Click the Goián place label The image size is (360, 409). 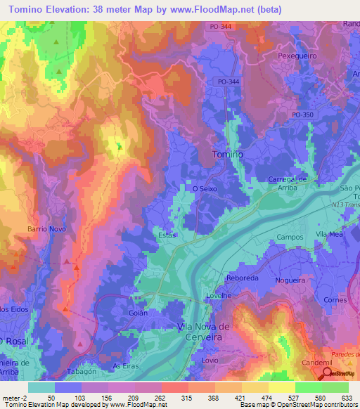point(138,313)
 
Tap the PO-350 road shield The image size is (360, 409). point(303,115)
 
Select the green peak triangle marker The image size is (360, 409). point(120,147)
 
